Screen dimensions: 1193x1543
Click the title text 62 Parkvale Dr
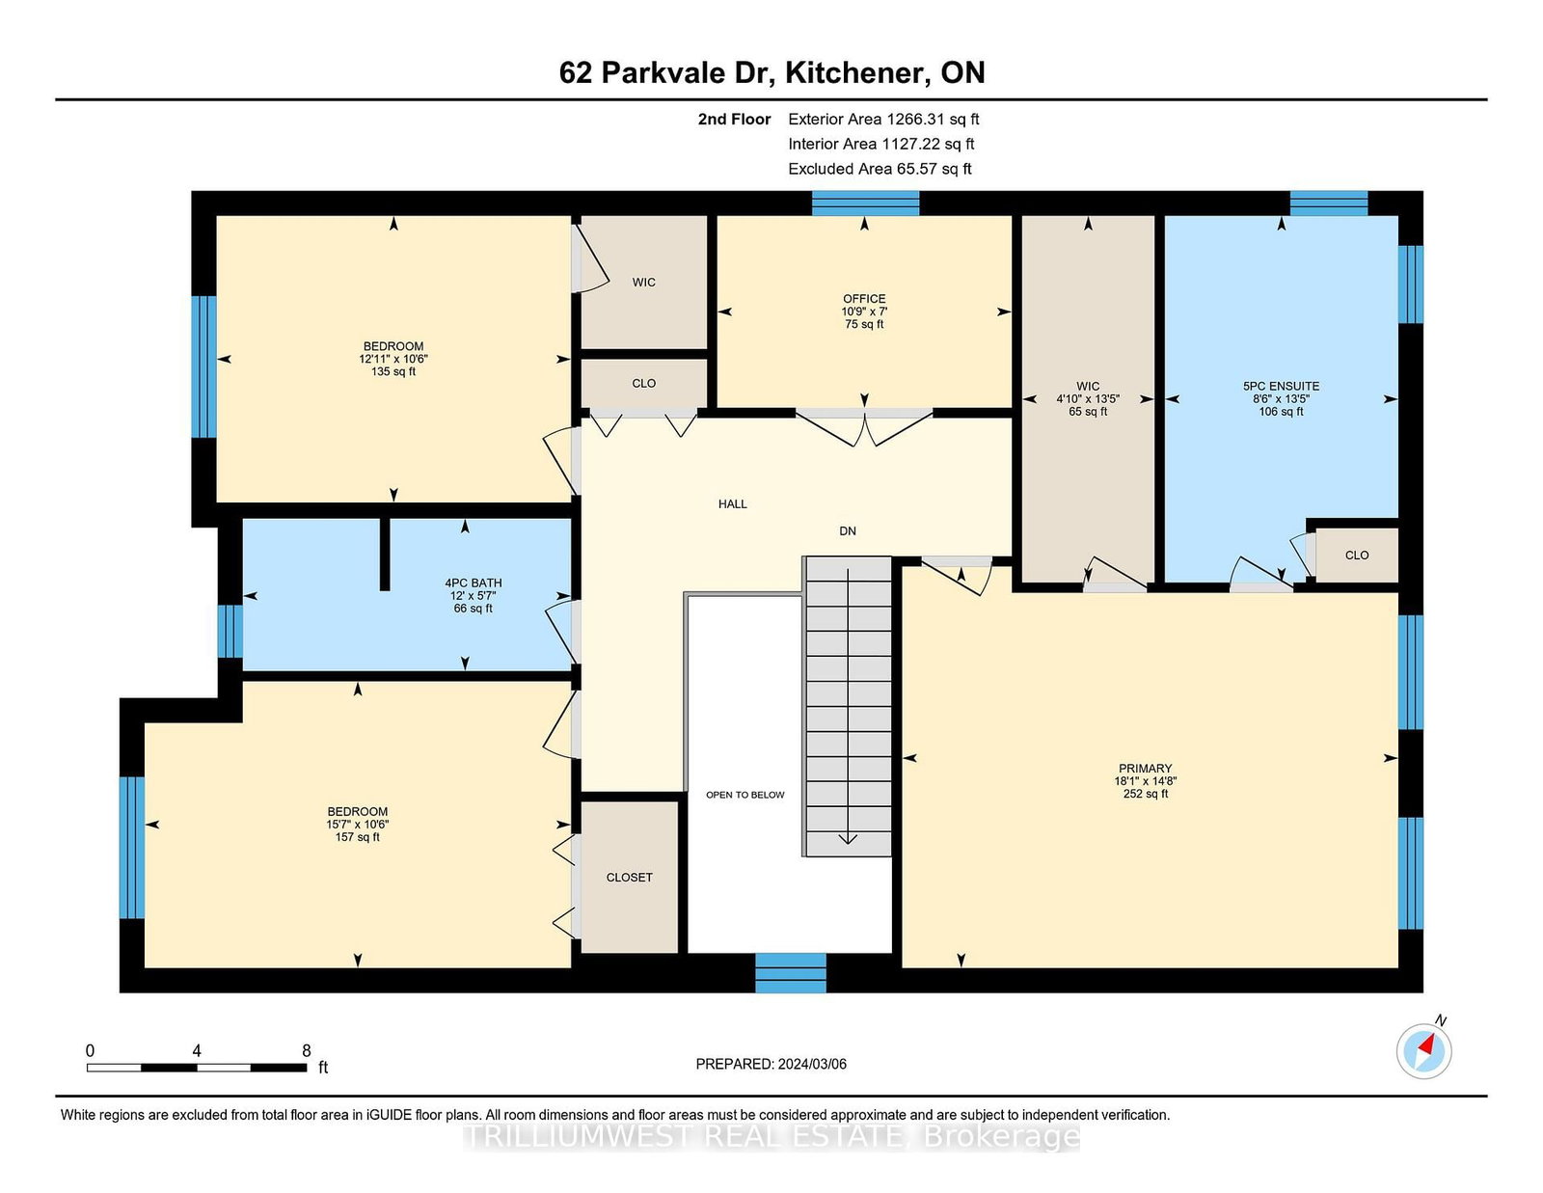[665, 73]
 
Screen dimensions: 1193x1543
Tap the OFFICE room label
[864, 299]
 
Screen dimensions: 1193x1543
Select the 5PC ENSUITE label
[1281, 386]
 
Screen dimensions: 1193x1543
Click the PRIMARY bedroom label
[1146, 769]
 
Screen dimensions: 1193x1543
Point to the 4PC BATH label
[473, 583]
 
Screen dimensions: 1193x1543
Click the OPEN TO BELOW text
[744, 795]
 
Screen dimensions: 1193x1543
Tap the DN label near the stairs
[848, 531]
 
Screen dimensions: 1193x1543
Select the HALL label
[732, 503]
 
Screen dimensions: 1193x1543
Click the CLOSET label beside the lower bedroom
[629, 878]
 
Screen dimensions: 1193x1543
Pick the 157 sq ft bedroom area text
[358, 837]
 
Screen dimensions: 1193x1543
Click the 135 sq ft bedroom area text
[393, 371]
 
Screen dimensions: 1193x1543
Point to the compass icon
[1424, 1050]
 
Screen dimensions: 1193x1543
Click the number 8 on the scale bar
[307, 1051]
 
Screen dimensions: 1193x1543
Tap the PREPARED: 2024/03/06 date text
[771, 1064]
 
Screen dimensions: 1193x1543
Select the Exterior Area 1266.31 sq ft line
[883, 120]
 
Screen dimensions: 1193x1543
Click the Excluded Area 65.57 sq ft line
[880, 169]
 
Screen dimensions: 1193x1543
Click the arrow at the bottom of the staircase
[848, 837]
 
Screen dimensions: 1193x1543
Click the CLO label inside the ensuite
[1357, 556]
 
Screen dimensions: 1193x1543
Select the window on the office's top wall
[865, 203]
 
